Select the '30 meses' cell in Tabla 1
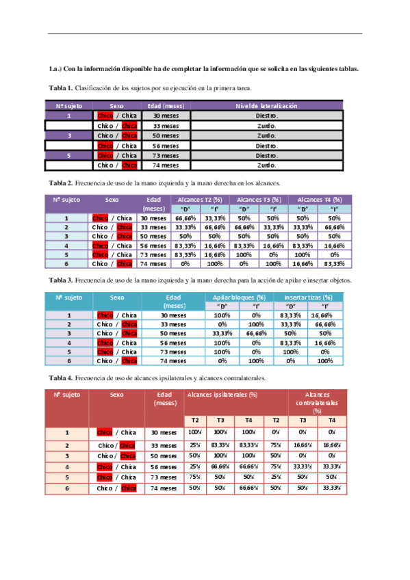(166, 116)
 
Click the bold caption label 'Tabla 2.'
(61, 183)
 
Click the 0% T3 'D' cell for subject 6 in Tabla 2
(244, 263)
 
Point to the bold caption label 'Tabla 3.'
(61, 281)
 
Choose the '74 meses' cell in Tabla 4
(164, 488)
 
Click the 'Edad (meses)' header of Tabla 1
(166, 106)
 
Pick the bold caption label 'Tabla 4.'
(61, 378)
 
